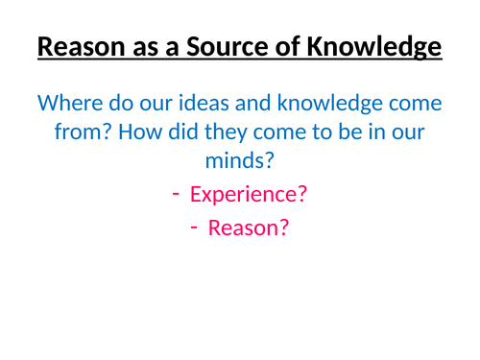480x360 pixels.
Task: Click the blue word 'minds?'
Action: click(239, 161)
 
